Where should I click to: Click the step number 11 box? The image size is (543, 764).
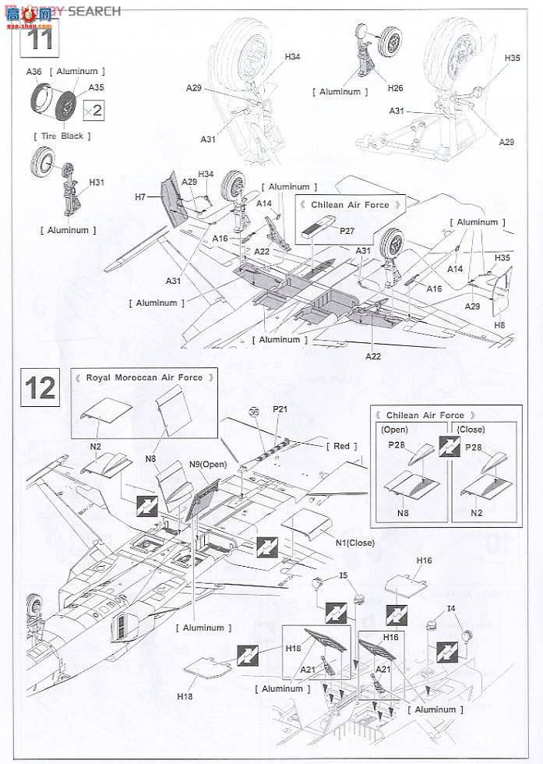39,37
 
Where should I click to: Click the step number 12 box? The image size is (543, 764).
40,387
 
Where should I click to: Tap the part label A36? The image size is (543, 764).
33,72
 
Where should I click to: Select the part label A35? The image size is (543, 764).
96,87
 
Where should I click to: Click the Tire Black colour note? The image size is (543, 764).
62,136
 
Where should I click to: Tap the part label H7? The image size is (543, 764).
140,197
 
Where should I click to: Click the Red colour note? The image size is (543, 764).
342,446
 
